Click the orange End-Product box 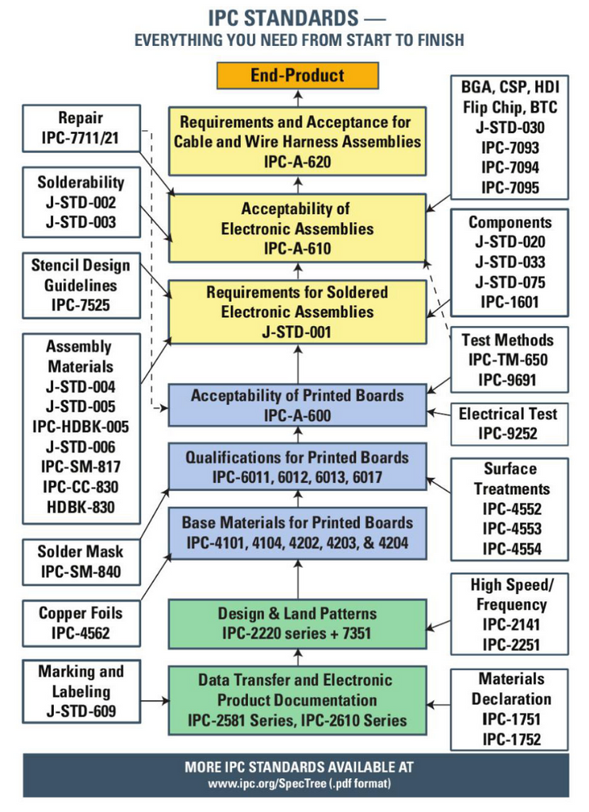click(x=297, y=76)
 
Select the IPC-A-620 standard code click(x=297, y=163)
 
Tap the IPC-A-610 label click(x=297, y=248)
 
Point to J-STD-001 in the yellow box click(x=297, y=331)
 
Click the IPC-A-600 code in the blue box click(x=297, y=415)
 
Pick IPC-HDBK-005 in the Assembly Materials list click(x=80, y=427)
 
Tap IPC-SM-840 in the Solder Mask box click(x=80, y=572)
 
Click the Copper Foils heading click(x=80, y=613)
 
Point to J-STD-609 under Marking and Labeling click(x=80, y=711)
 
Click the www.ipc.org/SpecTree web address click(x=298, y=783)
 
